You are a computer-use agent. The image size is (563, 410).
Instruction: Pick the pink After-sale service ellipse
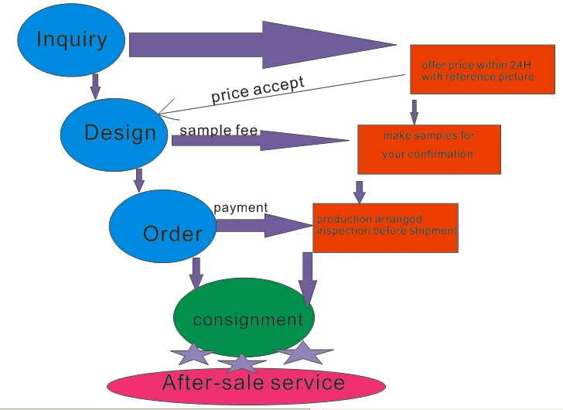pos(252,383)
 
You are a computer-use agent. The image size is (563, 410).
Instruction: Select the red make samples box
pos(428,149)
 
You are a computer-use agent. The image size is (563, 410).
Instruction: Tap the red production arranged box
pos(385,227)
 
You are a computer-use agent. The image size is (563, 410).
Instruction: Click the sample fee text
pos(218,131)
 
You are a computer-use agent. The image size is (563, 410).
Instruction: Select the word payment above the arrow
pos(241,207)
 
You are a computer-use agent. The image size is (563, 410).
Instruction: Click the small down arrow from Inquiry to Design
pos(95,86)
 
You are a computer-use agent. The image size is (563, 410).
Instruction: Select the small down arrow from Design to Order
pos(139,179)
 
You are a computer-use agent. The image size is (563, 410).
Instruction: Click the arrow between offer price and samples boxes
pos(415,111)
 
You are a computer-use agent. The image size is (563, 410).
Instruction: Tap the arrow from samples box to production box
pos(359,191)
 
